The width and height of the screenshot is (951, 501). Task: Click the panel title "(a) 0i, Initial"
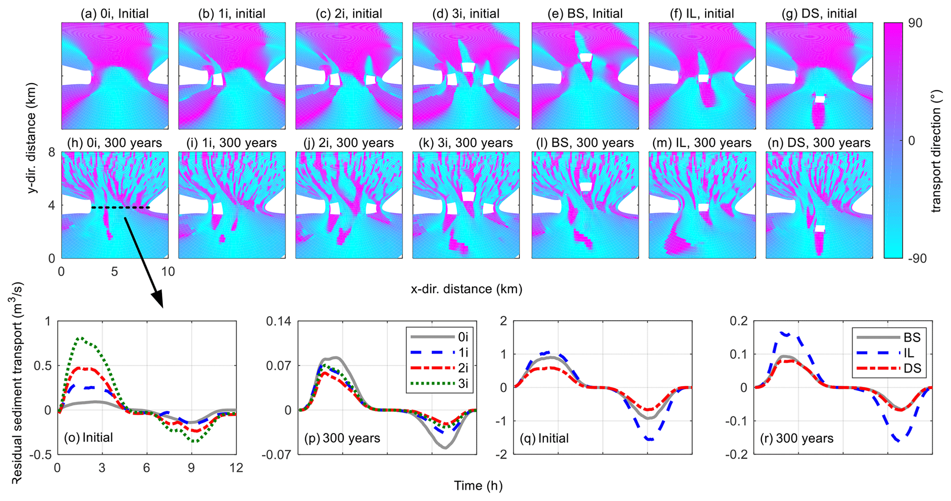[x=115, y=14]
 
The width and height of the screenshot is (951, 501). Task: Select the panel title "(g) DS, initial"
[x=819, y=14]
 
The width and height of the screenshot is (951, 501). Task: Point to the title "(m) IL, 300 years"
[x=702, y=143]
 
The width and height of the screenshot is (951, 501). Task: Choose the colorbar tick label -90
[x=912, y=259]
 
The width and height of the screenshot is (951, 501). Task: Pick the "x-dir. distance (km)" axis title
[x=466, y=289]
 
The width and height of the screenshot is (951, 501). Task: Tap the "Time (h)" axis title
[x=478, y=485]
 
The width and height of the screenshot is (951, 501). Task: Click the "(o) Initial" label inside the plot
[x=88, y=437]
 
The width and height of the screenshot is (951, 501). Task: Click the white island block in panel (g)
[x=820, y=99]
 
